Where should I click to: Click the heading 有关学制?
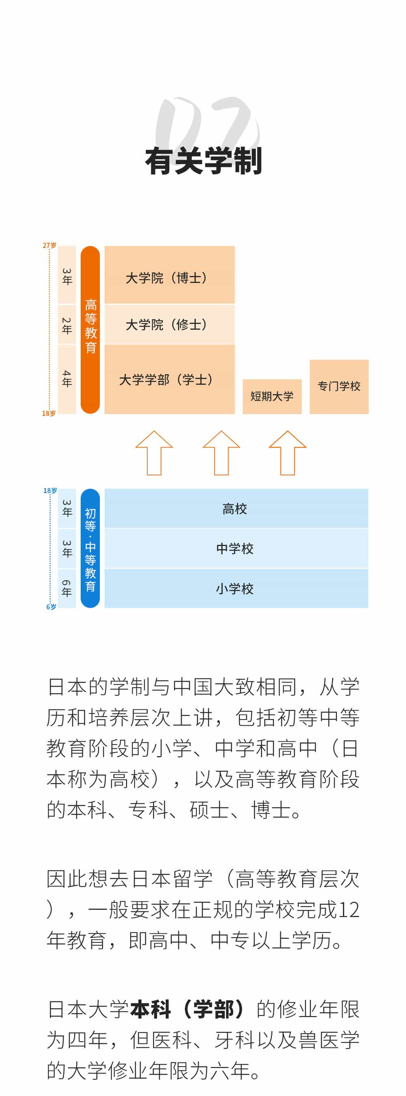[203, 161]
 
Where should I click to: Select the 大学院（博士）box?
[169, 275]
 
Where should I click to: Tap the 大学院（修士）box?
[169, 324]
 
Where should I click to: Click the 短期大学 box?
[272, 396]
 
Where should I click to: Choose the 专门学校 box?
[339, 386]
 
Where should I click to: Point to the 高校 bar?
[236, 509]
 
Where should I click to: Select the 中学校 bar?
[236, 548]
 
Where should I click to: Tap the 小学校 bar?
[236, 588]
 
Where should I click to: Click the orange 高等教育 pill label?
[90, 329]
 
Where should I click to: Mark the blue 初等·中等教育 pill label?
[90, 548]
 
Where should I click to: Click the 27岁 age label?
[49, 246]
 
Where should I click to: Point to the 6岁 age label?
[51, 607]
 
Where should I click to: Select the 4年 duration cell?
[67, 378]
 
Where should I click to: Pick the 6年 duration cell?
[67, 588]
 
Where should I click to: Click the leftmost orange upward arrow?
[154, 453]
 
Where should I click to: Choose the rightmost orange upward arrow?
[287, 453]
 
